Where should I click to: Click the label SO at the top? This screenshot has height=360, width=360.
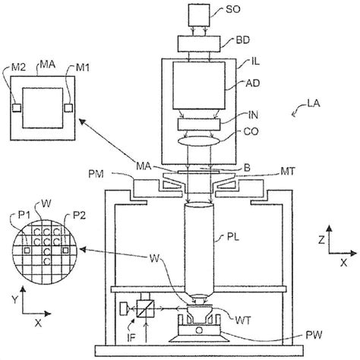click(232, 10)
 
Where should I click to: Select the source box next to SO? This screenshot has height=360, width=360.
click(199, 15)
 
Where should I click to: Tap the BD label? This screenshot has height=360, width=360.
click(242, 40)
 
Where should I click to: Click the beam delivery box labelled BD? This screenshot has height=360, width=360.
click(199, 44)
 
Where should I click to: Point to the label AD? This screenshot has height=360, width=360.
click(253, 84)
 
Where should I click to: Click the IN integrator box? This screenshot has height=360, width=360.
click(199, 125)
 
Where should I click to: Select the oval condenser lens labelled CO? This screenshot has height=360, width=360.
click(199, 141)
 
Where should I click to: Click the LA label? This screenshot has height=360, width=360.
click(314, 104)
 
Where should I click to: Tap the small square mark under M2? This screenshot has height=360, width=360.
click(17, 108)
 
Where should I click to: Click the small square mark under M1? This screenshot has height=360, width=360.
click(68, 108)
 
